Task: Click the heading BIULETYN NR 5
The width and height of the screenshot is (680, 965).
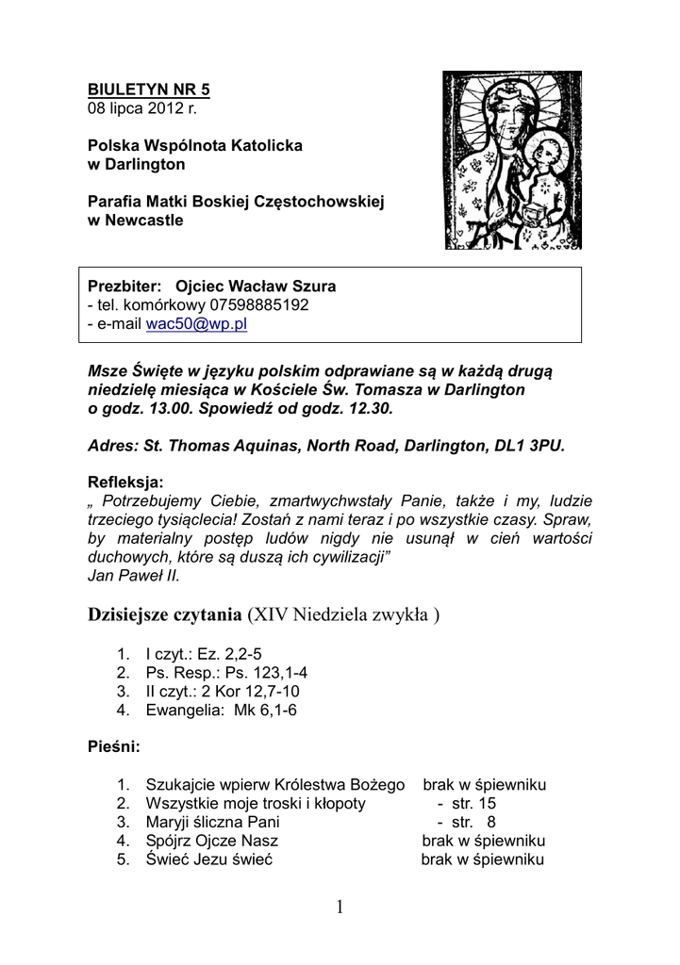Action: point(149,90)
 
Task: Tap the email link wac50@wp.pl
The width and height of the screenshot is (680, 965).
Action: point(196,323)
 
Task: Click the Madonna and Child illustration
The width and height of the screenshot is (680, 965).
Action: point(513,160)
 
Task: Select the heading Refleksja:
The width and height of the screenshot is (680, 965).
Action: point(125,482)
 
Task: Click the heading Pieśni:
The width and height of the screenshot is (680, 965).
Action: point(114,747)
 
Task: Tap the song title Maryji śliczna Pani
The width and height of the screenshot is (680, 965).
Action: point(213,822)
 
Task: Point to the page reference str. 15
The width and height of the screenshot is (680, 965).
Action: point(473,804)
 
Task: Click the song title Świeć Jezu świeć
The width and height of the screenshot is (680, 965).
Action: point(208,859)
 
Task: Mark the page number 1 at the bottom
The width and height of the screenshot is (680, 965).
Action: point(340,908)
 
